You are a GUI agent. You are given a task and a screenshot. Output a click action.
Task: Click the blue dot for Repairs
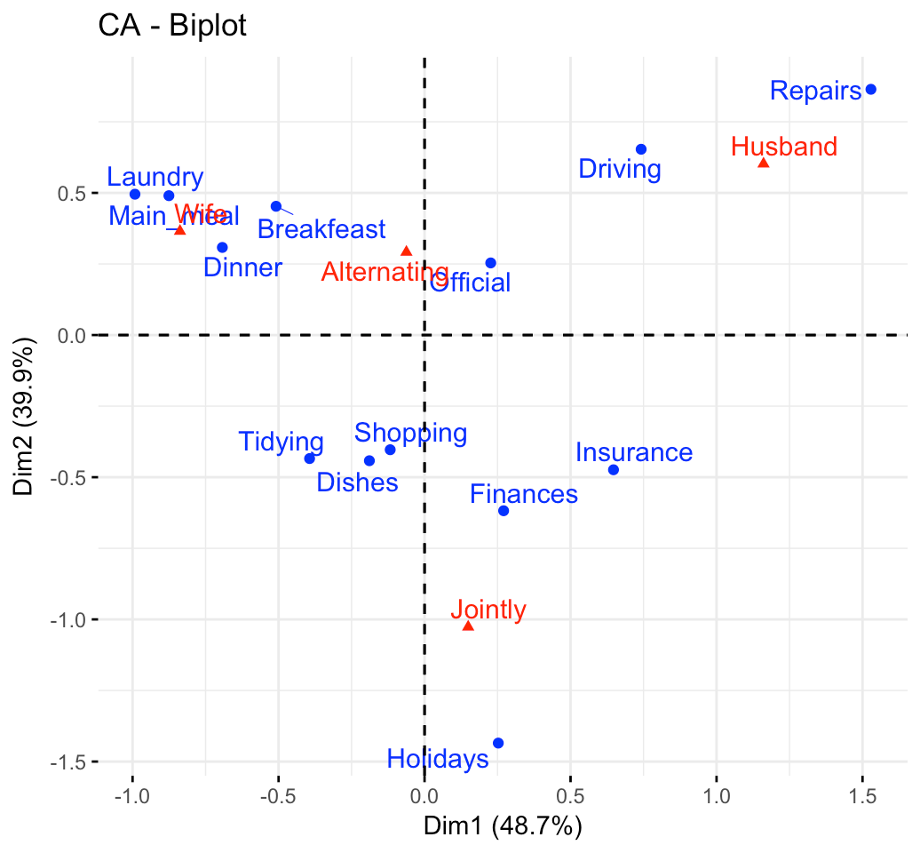[x=870, y=90]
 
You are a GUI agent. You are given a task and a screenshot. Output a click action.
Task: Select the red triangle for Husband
[x=763, y=163]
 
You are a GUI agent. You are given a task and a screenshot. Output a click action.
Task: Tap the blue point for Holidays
[x=497, y=743]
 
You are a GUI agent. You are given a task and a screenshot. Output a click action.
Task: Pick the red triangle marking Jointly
[x=468, y=626]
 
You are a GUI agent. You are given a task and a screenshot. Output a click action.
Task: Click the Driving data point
[x=641, y=149]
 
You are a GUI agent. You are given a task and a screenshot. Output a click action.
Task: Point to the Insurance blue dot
[x=613, y=469]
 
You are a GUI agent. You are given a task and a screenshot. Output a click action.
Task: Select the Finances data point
[x=504, y=511]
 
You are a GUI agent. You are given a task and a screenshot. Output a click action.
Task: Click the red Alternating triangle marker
[x=407, y=251]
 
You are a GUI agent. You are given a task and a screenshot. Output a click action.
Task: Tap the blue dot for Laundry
[x=135, y=195]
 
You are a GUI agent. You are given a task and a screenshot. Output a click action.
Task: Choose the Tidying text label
[x=281, y=442]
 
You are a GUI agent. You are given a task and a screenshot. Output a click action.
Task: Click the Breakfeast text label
[x=321, y=229]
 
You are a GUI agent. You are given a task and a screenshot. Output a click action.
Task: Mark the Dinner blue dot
[x=222, y=248]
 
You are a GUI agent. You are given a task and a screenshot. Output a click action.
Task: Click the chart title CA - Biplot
[x=172, y=27]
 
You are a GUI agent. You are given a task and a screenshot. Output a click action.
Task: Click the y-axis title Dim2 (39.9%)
[x=25, y=419]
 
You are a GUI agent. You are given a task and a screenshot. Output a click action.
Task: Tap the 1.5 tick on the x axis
[x=861, y=793]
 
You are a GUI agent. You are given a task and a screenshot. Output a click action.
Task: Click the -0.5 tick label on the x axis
[x=278, y=793]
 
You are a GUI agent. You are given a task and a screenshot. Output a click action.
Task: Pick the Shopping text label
[x=410, y=433]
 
